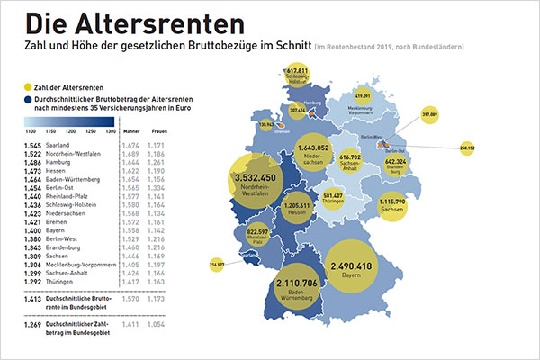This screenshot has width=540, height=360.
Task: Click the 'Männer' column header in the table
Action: point(130,133)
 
